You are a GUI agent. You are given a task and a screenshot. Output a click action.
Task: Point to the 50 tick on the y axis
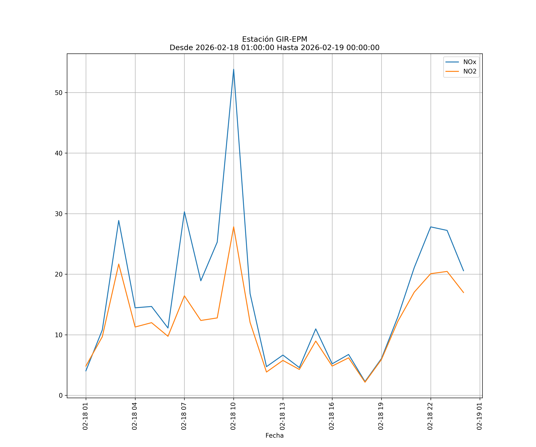59,93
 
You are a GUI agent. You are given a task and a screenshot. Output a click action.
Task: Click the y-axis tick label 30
59,214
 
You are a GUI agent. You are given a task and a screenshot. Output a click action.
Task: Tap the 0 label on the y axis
61,395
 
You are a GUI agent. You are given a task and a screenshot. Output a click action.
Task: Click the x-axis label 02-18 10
233,416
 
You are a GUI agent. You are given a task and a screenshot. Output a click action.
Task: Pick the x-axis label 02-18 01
85,416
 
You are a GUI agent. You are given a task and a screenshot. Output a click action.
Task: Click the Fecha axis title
274,436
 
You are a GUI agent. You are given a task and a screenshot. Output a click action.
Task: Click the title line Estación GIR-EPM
274,39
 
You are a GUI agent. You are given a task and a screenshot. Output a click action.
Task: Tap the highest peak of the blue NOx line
234,69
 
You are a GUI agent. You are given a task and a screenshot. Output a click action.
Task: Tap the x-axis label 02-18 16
332,416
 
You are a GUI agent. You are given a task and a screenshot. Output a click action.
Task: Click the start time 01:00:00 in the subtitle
258,48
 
